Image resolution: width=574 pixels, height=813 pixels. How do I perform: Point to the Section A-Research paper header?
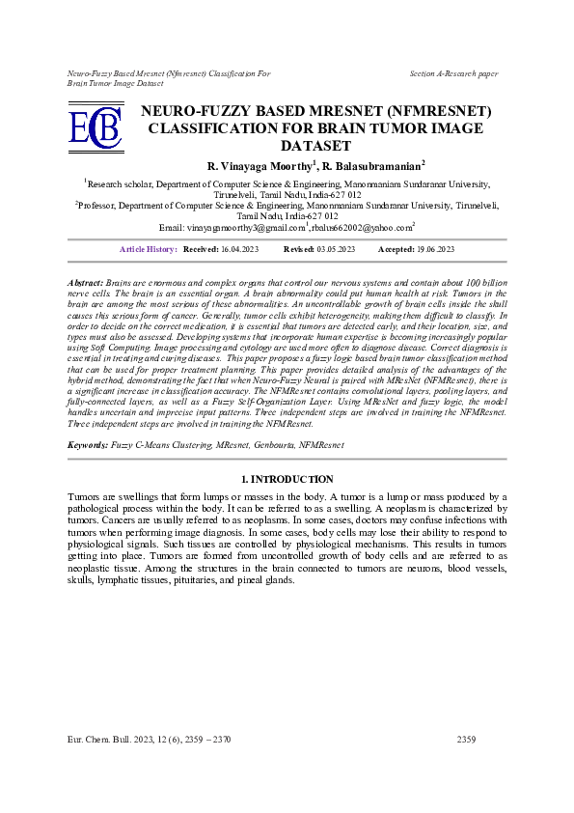pos(453,73)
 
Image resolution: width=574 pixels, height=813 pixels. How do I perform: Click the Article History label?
pos(148,249)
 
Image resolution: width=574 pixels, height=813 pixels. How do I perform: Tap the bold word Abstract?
pos(85,281)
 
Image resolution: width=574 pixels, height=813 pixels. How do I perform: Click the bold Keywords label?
pos(88,445)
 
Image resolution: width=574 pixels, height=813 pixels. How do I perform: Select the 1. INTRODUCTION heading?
pos(287,479)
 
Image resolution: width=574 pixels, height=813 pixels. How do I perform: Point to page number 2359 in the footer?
pos(467,739)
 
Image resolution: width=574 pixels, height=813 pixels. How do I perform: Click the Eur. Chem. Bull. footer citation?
pos(150,739)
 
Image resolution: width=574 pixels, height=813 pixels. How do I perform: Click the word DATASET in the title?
pos(314,146)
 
